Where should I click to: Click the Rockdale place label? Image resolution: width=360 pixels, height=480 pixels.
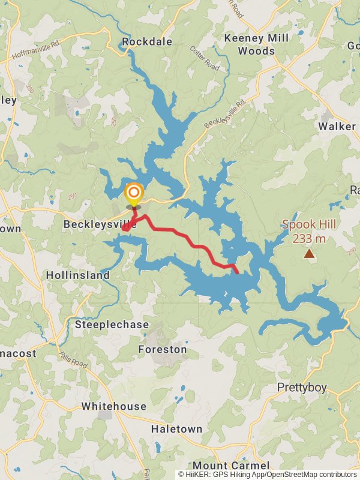pyautogui.click(x=147, y=41)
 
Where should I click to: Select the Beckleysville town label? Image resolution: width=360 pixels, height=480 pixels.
pyautogui.click(x=100, y=224)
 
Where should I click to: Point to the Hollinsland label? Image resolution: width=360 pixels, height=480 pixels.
pyautogui.click(x=78, y=275)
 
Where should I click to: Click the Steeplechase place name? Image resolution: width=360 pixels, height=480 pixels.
pyautogui.click(x=112, y=325)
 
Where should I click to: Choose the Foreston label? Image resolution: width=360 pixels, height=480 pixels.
pyautogui.click(x=162, y=349)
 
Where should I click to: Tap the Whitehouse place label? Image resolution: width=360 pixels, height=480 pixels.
pyautogui.click(x=113, y=406)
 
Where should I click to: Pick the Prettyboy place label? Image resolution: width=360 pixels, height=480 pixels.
pyautogui.click(x=302, y=388)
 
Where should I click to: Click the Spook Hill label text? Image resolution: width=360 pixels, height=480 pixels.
pyautogui.click(x=309, y=226)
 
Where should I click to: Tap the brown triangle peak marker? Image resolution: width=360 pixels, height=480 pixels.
pyautogui.click(x=309, y=254)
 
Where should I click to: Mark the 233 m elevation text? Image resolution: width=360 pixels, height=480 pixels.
pyautogui.click(x=309, y=239)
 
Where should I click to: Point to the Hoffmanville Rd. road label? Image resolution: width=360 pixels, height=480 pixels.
pyautogui.click(x=37, y=50)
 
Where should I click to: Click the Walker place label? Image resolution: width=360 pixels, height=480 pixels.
pyautogui.click(x=337, y=126)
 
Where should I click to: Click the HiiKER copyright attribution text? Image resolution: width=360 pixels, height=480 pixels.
pyautogui.click(x=267, y=474)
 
